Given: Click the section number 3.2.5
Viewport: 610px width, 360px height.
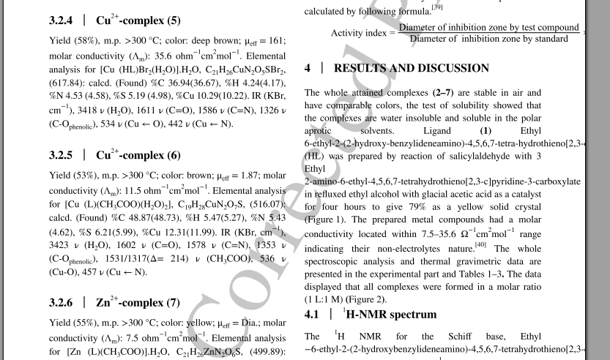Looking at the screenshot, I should [x=62, y=155].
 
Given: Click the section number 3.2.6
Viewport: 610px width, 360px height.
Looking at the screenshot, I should [x=62, y=301].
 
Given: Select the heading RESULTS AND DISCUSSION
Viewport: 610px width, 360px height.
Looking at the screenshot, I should [x=412, y=68].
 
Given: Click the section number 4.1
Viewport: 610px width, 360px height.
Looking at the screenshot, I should [x=313, y=315].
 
